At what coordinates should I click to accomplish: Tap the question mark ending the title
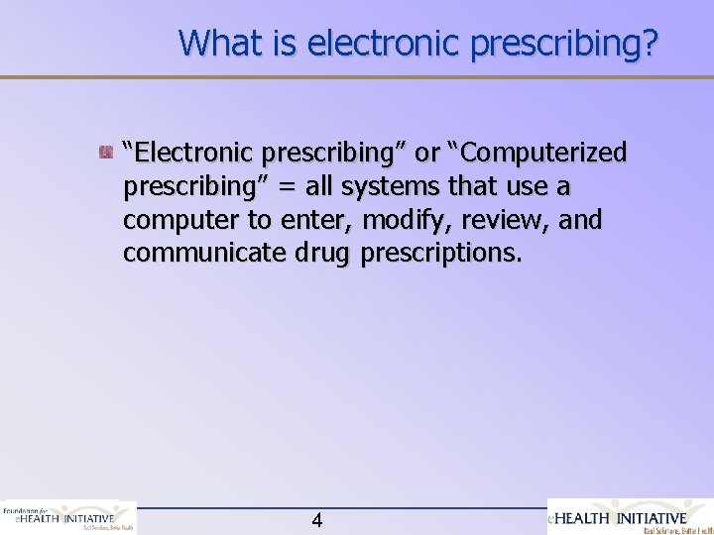(x=647, y=43)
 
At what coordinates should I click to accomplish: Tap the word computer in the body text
(x=179, y=221)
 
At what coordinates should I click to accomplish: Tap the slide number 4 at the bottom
(x=316, y=519)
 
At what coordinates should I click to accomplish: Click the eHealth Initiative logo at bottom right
(x=630, y=517)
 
